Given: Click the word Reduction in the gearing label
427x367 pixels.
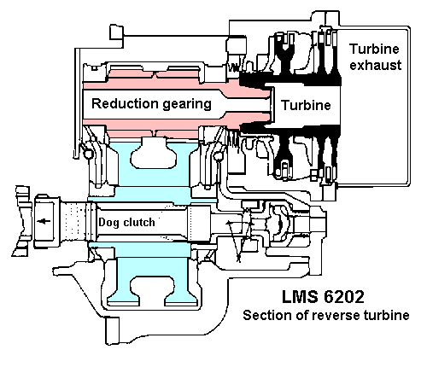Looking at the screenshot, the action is (x=125, y=103).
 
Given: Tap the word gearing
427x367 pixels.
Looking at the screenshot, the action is (x=187, y=105).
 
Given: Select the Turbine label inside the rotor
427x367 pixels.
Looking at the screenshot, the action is (x=306, y=105).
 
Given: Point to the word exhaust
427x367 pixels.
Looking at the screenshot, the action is (x=376, y=65).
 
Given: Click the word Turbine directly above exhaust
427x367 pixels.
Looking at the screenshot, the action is (x=374, y=49).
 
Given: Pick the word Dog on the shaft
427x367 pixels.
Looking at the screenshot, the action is (x=108, y=223).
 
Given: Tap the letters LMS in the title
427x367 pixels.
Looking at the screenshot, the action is (x=300, y=296).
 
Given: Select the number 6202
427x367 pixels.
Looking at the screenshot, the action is (x=344, y=297).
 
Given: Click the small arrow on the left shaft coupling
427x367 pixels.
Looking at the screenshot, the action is (x=44, y=221).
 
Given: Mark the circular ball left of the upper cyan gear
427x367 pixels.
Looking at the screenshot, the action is (x=88, y=154).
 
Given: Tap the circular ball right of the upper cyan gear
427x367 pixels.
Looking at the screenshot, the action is (x=219, y=156).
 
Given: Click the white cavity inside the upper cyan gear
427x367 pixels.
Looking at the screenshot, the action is (x=153, y=153).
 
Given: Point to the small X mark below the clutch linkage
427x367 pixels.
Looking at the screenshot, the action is (x=238, y=258).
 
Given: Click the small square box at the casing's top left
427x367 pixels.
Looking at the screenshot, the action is (x=116, y=33).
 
